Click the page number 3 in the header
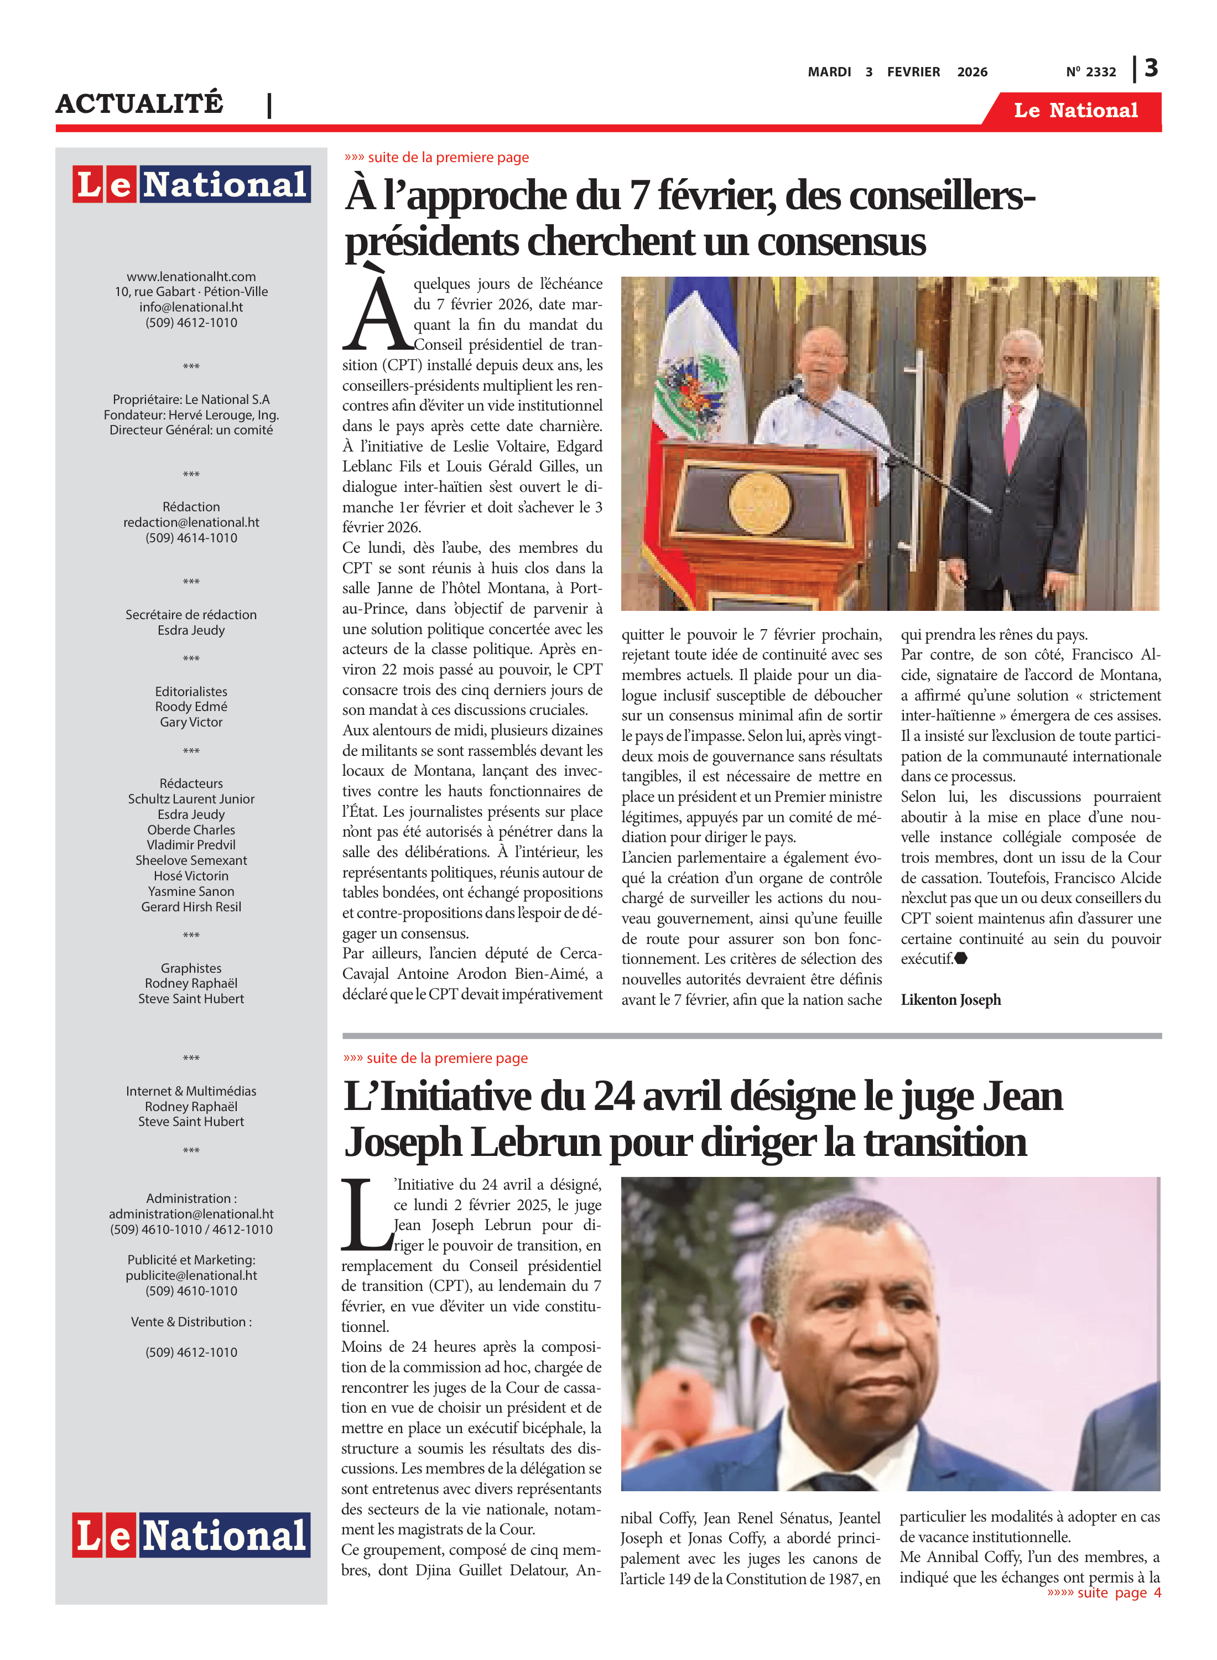pyautogui.click(x=1151, y=69)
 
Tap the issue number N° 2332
pyautogui.click(x=1090, y=72)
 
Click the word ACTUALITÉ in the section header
pyautogui.click(x=139, y=104)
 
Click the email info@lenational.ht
pyautogui.click(x=191, y=307)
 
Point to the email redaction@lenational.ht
pyautogui.click(x=191, y=522)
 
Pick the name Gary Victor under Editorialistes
pyautogui.click(x=191, y=722)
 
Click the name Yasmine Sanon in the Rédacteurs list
pyautogui.click(x=191, y=891)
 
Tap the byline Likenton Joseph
pyautogui.click(x=950, y=1000)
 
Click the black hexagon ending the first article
pyautogui.click(x=961, y=958)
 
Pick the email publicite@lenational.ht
pyautogui.click(x=191, y=1275)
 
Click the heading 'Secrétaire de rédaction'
pyautogui.click(x=191, y=615)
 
